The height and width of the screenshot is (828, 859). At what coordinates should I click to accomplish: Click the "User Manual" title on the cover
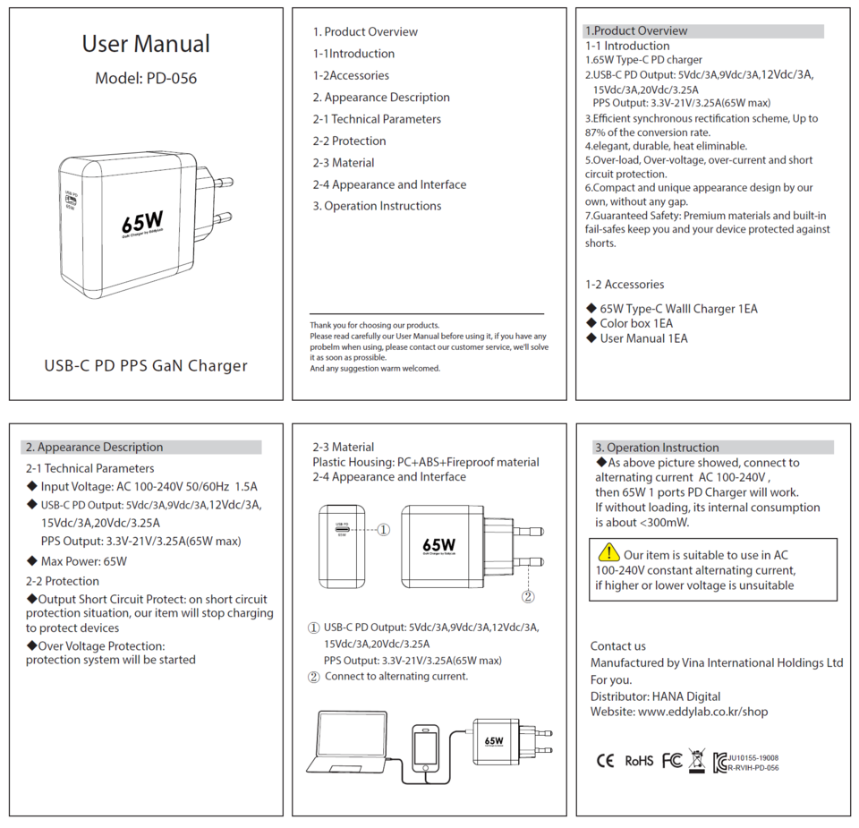click(x=146, y=44)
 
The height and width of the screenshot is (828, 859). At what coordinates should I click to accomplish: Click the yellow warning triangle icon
click(x=608, y=552)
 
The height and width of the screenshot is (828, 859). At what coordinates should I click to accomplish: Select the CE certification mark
click(x=606, y=761)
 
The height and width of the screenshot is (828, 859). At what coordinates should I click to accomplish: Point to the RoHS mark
click(x=639, y=761)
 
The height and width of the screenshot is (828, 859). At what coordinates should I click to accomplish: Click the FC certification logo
click(x=671, y=761)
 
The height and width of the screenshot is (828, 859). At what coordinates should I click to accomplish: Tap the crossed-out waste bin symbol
click(x=697, y=760)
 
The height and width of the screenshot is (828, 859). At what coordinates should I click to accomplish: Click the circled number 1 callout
click(x=383, y=529)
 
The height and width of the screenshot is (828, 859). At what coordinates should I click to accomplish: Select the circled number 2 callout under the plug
click(x=528, y=596)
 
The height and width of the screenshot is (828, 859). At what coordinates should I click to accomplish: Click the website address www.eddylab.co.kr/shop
click(x=702, y=712)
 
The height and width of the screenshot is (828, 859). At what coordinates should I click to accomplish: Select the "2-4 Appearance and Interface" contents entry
click(x=389, y=184)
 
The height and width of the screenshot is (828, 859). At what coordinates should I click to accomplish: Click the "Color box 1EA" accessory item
click(x=636, y=323)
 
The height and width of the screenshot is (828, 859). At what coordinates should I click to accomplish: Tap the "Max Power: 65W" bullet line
click(x=83, y=561)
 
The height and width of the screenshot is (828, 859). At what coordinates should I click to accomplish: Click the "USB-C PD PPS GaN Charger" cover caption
click(x=146, y=365)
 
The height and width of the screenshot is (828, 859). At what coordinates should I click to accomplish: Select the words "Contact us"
click(x=617, y=645)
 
